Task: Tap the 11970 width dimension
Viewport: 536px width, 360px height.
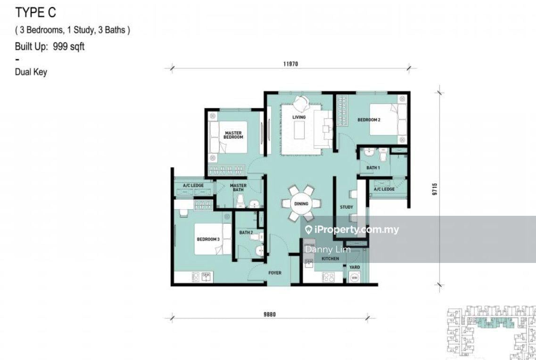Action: [x=291, y=64]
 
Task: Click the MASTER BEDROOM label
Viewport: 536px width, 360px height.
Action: [x=233, y=135]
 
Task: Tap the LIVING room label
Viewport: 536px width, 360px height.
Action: [x=298, y=117]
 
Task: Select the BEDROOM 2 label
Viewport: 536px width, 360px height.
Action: [x=369, y=120]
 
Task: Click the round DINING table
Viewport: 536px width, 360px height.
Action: [x=301, y=204]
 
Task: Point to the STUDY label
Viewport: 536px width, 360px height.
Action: [x=346, y=207]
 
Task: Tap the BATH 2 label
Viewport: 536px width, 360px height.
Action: [x=246, y=232]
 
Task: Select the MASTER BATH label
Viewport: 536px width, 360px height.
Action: [x=238, y=188]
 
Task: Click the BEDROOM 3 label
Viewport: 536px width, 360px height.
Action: [x=208, y=239]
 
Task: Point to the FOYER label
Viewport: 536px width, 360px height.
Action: [x=274, y=273]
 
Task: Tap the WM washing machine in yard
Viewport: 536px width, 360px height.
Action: [x=354, y=278]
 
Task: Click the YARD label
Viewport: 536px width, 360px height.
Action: [x=355, y=267]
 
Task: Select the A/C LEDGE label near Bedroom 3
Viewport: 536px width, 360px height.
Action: [x=193, y=186]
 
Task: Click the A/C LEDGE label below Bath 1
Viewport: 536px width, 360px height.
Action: [x=384, y=189]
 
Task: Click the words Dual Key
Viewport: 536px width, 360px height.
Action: [x=31, y=72]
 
